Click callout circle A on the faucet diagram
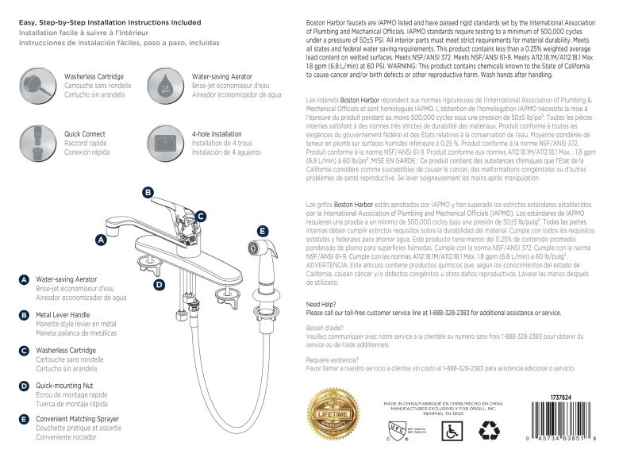click(101, 239)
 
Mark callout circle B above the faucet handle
click(148, 193)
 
